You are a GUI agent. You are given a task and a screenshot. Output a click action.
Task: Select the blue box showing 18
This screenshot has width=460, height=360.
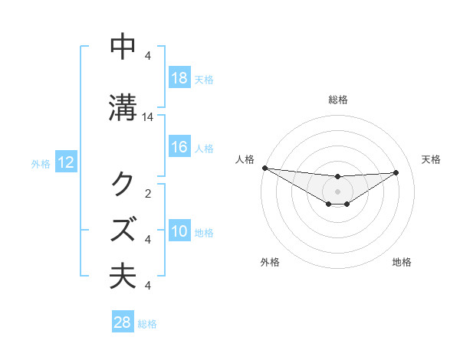pyautogui.click(x=179, y=78)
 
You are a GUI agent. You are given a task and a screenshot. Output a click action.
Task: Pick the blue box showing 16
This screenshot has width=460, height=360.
pyautogui.click(x=179, y=148)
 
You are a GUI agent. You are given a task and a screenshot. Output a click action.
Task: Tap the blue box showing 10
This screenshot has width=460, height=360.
pyautogui.click(x=179, y=232)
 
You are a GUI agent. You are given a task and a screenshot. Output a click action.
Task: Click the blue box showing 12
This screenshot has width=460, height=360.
pyautogui.click(x=64, y=162)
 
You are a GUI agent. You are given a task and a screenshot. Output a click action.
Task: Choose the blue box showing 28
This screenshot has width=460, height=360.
pyautogui.click(x=123, y=323)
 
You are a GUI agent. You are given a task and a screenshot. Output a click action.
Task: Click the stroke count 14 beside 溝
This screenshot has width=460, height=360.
pyautogui.click(x=148, y=117)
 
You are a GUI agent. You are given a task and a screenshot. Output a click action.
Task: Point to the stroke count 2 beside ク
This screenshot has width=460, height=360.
pyautogui.click(x=148, y=193)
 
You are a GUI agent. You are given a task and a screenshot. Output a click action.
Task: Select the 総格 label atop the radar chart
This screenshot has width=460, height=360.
pyautogui.click(x=337, y=100)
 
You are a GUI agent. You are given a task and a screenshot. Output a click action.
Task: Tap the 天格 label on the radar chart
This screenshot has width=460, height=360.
pyautogui.click(x=431, y=159)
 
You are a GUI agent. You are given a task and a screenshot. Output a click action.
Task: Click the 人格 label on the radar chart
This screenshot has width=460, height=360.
pyautogui.click(x=244, y=159)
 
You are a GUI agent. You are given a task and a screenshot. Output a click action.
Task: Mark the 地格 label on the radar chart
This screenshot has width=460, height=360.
pyautogui.click(x=402, y=263)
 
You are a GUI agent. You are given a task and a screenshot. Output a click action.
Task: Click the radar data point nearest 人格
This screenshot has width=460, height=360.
pyautogui.click(x=264, y=168)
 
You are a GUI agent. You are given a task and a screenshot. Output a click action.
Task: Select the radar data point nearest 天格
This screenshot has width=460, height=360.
pyautogui.click(x=396, y=172)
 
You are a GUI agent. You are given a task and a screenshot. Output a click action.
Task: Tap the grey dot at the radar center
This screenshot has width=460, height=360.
pyautogui.click(x=337, y=191)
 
